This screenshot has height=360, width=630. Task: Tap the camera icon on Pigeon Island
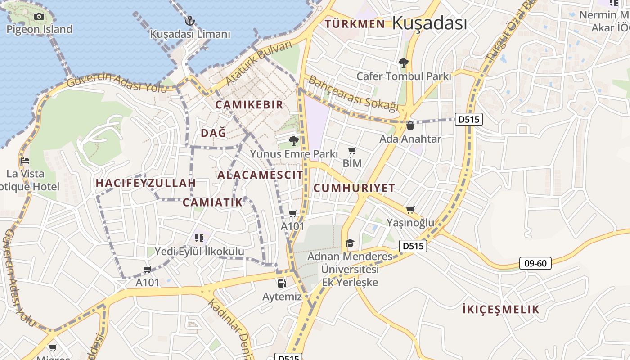[x=39, y=17]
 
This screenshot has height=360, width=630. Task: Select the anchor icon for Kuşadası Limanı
[x=190, y=20]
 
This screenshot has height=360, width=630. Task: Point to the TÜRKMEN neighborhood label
[x=355, y=24]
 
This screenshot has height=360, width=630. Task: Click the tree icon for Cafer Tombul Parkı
[x=403, y=63]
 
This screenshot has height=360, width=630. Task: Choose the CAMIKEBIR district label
[x=249, y=105]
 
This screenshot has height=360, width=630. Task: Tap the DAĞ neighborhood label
[x=213, y=133]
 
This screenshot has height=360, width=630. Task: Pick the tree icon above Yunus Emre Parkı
[x=294, y=141]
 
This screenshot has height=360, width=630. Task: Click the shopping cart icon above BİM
[x=352, y=151]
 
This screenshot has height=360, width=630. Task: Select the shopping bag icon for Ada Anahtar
[x=410, y=126]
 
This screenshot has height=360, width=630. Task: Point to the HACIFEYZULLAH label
[x=146, y=183]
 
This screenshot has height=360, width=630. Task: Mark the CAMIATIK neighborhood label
[x=212, y=202]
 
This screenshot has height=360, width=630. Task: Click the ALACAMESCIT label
[x=260, y=175]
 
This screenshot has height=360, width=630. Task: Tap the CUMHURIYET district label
[x=354, y=188]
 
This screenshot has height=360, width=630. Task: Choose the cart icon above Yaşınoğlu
[x=410, y=210]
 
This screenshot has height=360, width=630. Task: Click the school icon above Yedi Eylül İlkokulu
[x=199, y=238]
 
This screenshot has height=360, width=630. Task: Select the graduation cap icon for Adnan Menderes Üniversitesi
[x=350, y=243]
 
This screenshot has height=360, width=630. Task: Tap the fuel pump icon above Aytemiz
[x=282, y=283]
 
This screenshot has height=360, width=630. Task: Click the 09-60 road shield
[x=535, y=263]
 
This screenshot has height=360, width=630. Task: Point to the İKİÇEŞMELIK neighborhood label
[x=501, y=310]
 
